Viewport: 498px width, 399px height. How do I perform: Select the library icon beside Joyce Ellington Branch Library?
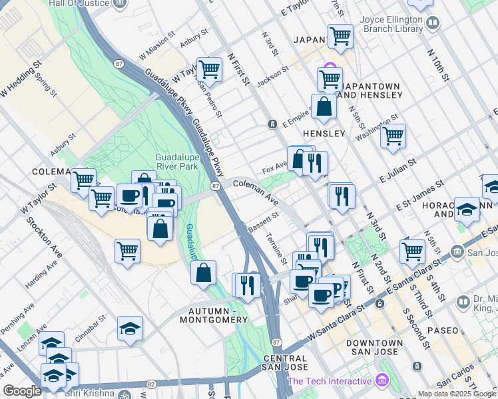(x=433, y=25)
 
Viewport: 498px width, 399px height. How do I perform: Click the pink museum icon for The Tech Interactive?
(x=381, y=381)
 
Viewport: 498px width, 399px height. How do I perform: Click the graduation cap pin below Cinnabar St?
(x=130, y=328)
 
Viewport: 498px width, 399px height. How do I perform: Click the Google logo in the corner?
(x=21, y=391)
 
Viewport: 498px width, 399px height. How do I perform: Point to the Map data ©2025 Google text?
(x=457, y=394)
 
